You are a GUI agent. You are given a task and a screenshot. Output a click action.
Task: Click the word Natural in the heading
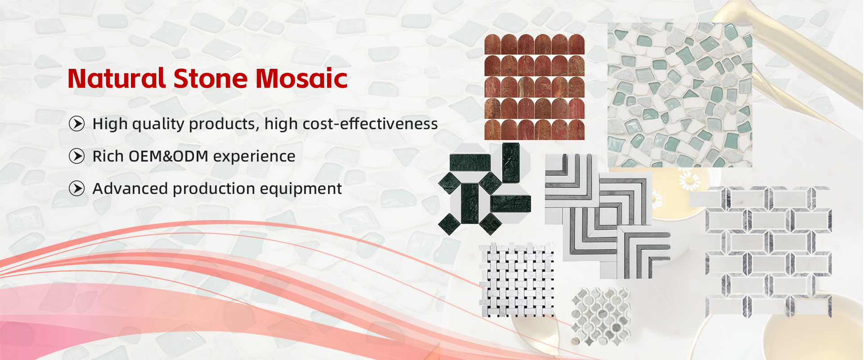pyautogui.click(x=117, y=78)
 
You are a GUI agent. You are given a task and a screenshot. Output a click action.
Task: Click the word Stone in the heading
pyautogui.click(x=211, y=78)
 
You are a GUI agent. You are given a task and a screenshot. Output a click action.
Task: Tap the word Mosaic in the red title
pyautogui.click(x=302, y=78)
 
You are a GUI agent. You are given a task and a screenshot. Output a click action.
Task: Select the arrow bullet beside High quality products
pyautogui.click(x=77, y=123)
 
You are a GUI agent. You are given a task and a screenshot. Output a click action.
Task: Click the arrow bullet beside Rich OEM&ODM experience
pyautogui.click(x=77, y=156)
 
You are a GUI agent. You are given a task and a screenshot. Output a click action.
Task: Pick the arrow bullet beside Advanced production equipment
pyautogui.click(x=77, y=189)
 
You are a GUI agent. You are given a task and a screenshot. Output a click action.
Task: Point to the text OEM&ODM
pyautogui.click(x=168, y=156)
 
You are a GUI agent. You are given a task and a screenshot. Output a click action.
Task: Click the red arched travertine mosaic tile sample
pyautogui.click(x=535, y=87)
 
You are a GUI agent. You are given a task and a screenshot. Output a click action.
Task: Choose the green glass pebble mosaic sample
pyautogui.click(x=679, y=95)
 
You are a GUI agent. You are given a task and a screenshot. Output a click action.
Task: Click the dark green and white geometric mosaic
pyautogui.click(x=485, y=189)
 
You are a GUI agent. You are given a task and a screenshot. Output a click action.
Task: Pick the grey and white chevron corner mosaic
pyautogui.click(x=607, y=216)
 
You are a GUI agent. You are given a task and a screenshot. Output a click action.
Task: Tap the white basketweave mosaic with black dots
pyautogui.click(x=516, y=280)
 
